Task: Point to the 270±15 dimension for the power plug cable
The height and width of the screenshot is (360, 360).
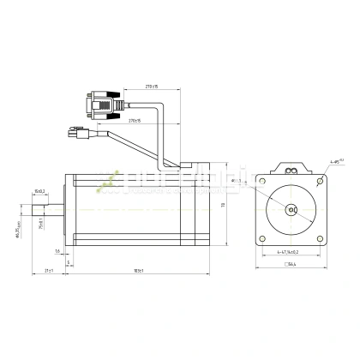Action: tap(135, 123)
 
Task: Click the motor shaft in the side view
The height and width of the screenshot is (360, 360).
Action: tap(43, 207)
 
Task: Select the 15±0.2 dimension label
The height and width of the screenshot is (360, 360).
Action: tap(40, 191)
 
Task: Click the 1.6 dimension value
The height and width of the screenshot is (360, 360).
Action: tap(57, 252)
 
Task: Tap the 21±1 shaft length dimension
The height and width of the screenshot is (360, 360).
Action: tap(49, 272)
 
